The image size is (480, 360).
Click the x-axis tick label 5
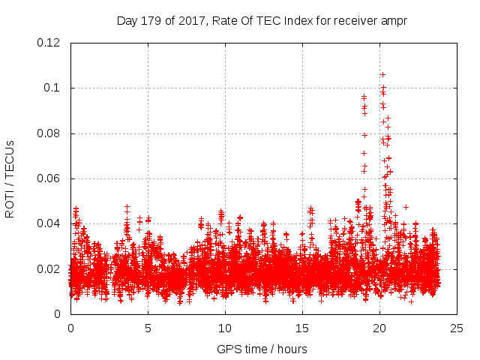(148, 328)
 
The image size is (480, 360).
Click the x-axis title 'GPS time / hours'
(262, 349)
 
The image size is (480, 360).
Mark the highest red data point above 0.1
(382, 74)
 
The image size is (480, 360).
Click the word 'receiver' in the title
(355, 20)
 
